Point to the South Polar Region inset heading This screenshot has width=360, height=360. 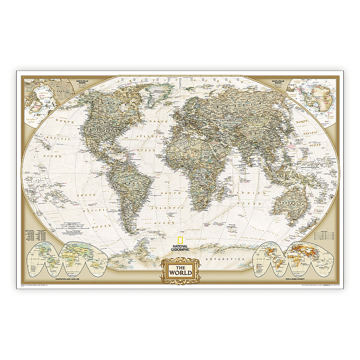pyautogui.click(x=279, y=82)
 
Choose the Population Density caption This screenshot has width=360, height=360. pyautogui.click(x=295, y=279)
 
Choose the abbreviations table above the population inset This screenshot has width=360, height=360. pyautogui.click(x=324, y=235)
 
